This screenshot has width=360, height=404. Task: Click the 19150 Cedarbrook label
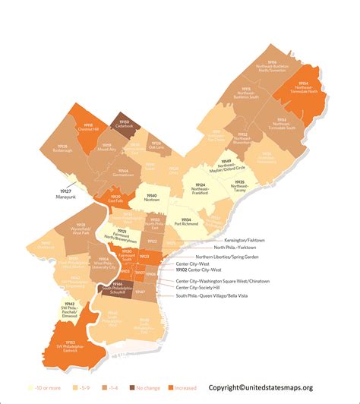click(125, 123)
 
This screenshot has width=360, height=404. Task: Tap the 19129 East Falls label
click(117, 199)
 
